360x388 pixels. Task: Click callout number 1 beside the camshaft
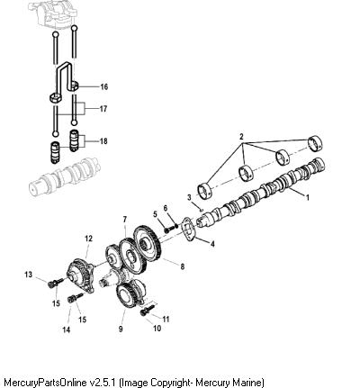pos(307,197)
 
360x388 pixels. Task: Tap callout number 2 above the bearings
pos(241,137)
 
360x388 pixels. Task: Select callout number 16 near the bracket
pos(103,87)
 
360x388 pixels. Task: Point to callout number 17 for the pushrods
pos(103,109)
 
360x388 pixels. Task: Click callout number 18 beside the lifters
pos(103,141)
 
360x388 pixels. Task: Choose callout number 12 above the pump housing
pos(88,239)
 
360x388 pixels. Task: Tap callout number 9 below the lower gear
pos(121,329)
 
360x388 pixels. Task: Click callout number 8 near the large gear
pos(183,266)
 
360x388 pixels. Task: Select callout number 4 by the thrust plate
pos(212,244)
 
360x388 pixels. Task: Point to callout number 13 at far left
pos(28,275)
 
